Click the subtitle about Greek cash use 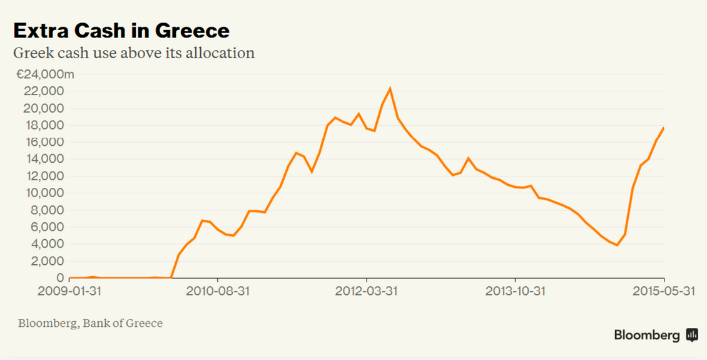(x=134, y=53)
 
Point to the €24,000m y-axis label (x=45, y=75)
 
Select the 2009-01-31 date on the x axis (x=69, y=291)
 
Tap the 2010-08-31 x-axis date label (x=218, y=291)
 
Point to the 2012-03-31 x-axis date (x=366, y=291)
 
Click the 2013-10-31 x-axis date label (x=515, y=291)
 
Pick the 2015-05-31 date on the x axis (x=663, y=291)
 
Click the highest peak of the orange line (x=390, y=88)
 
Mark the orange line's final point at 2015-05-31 (x=663, y=128)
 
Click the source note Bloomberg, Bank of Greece (x=90, y=324)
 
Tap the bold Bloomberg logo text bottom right (x=646, y=335)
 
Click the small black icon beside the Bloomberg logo (x=692, y=335)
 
